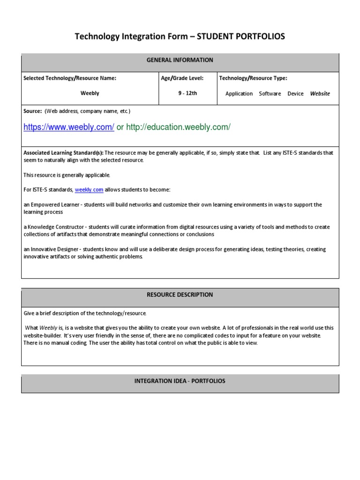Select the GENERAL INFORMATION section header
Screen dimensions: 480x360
pos(180,60)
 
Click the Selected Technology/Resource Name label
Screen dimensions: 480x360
pos(69,78)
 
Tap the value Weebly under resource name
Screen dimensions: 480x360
pos(90,93)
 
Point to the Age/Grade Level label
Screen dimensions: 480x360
pos(182,78)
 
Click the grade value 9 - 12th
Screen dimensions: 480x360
pos(187,93)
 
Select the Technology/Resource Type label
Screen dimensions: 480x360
pos(253,78)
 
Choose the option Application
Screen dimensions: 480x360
pos(239,94)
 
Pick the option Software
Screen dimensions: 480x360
pos(270,94)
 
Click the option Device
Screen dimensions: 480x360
pos(295,94)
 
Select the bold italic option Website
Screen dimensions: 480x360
pos(320,94)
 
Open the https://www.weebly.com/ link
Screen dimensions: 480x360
pos(69,127)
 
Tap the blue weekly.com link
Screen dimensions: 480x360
pos(89,190)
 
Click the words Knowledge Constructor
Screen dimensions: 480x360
pos(54,227)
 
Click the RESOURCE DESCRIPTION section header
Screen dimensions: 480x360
pos(180,295)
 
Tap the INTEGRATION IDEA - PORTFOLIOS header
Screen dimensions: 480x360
pos(180,381)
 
